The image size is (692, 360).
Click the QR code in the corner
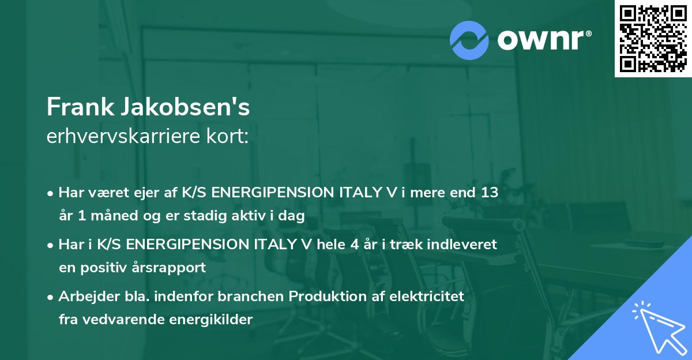(653, 39)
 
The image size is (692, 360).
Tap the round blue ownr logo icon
(469, 40)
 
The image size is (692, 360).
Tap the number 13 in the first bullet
(489, 193)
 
